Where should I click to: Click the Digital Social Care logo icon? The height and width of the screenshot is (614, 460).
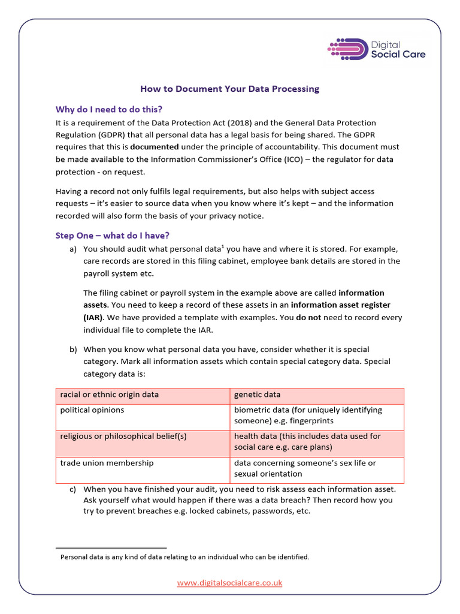(x=348, y=49)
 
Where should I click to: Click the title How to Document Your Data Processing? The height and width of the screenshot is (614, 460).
(x=229, y=89)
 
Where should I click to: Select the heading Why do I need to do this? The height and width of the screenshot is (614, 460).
(x=108, y=109)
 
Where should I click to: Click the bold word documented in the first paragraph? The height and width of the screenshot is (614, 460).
(x=155, y=146)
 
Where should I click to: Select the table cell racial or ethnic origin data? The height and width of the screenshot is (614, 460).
(x=110, y=395)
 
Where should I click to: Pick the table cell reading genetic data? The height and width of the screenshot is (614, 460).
(x=257, y=395)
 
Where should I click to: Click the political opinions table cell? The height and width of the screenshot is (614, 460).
(x=92, y=410)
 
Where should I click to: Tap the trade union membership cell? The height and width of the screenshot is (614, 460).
(x=107, y=463)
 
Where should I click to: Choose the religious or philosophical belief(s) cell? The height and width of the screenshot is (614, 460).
(x=123, y=437)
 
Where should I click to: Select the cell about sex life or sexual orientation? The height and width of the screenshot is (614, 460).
(x=305, y=468)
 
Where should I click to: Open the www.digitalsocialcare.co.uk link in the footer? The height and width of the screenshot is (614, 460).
(x=229, y=582)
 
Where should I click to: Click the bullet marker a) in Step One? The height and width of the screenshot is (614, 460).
(x=73, y=249)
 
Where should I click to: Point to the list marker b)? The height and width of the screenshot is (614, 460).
(x=73, y=349)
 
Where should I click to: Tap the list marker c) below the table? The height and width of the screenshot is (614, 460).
(x=73, y=489)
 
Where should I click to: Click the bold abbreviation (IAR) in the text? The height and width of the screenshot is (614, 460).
(x=93, y=317)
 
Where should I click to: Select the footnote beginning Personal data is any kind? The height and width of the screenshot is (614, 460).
(x=184, y=557)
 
